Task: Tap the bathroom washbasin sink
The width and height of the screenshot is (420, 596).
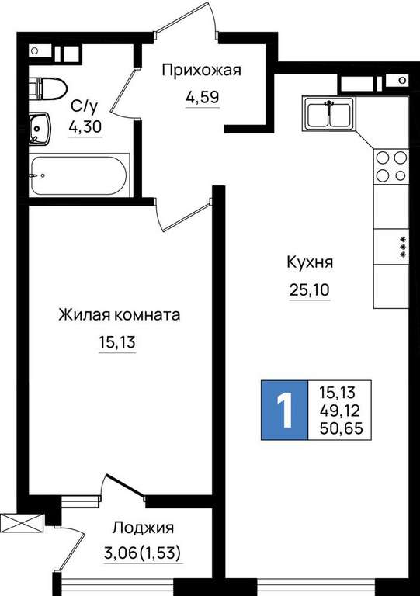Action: pos(40,129)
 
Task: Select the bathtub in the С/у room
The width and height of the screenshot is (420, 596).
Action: pos(78,175)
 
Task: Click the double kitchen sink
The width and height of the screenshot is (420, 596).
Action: pos(329,113)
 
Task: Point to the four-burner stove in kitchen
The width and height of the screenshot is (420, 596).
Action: pos(391,166)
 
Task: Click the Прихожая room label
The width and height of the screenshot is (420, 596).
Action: pos(201,71)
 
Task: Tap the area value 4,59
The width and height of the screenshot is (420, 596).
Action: pos(203,97)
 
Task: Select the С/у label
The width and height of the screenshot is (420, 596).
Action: pos(85,106)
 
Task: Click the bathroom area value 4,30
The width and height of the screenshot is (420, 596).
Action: pos(85,126)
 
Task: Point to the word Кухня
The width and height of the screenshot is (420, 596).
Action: pos(310,262)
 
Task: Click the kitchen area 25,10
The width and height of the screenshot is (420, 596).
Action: pos(310,290)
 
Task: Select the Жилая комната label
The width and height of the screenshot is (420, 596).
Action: pos(119,315)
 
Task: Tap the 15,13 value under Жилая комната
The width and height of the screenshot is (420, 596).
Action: pos(117,342)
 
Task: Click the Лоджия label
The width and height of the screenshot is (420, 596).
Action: pos(144,528)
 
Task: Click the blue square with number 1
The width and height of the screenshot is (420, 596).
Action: pos(284,410)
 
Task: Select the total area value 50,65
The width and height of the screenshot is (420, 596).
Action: pos(342,428)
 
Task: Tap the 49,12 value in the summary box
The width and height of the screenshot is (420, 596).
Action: pos(340,411)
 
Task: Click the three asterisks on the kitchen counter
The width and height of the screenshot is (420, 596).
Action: pos(402,248)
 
